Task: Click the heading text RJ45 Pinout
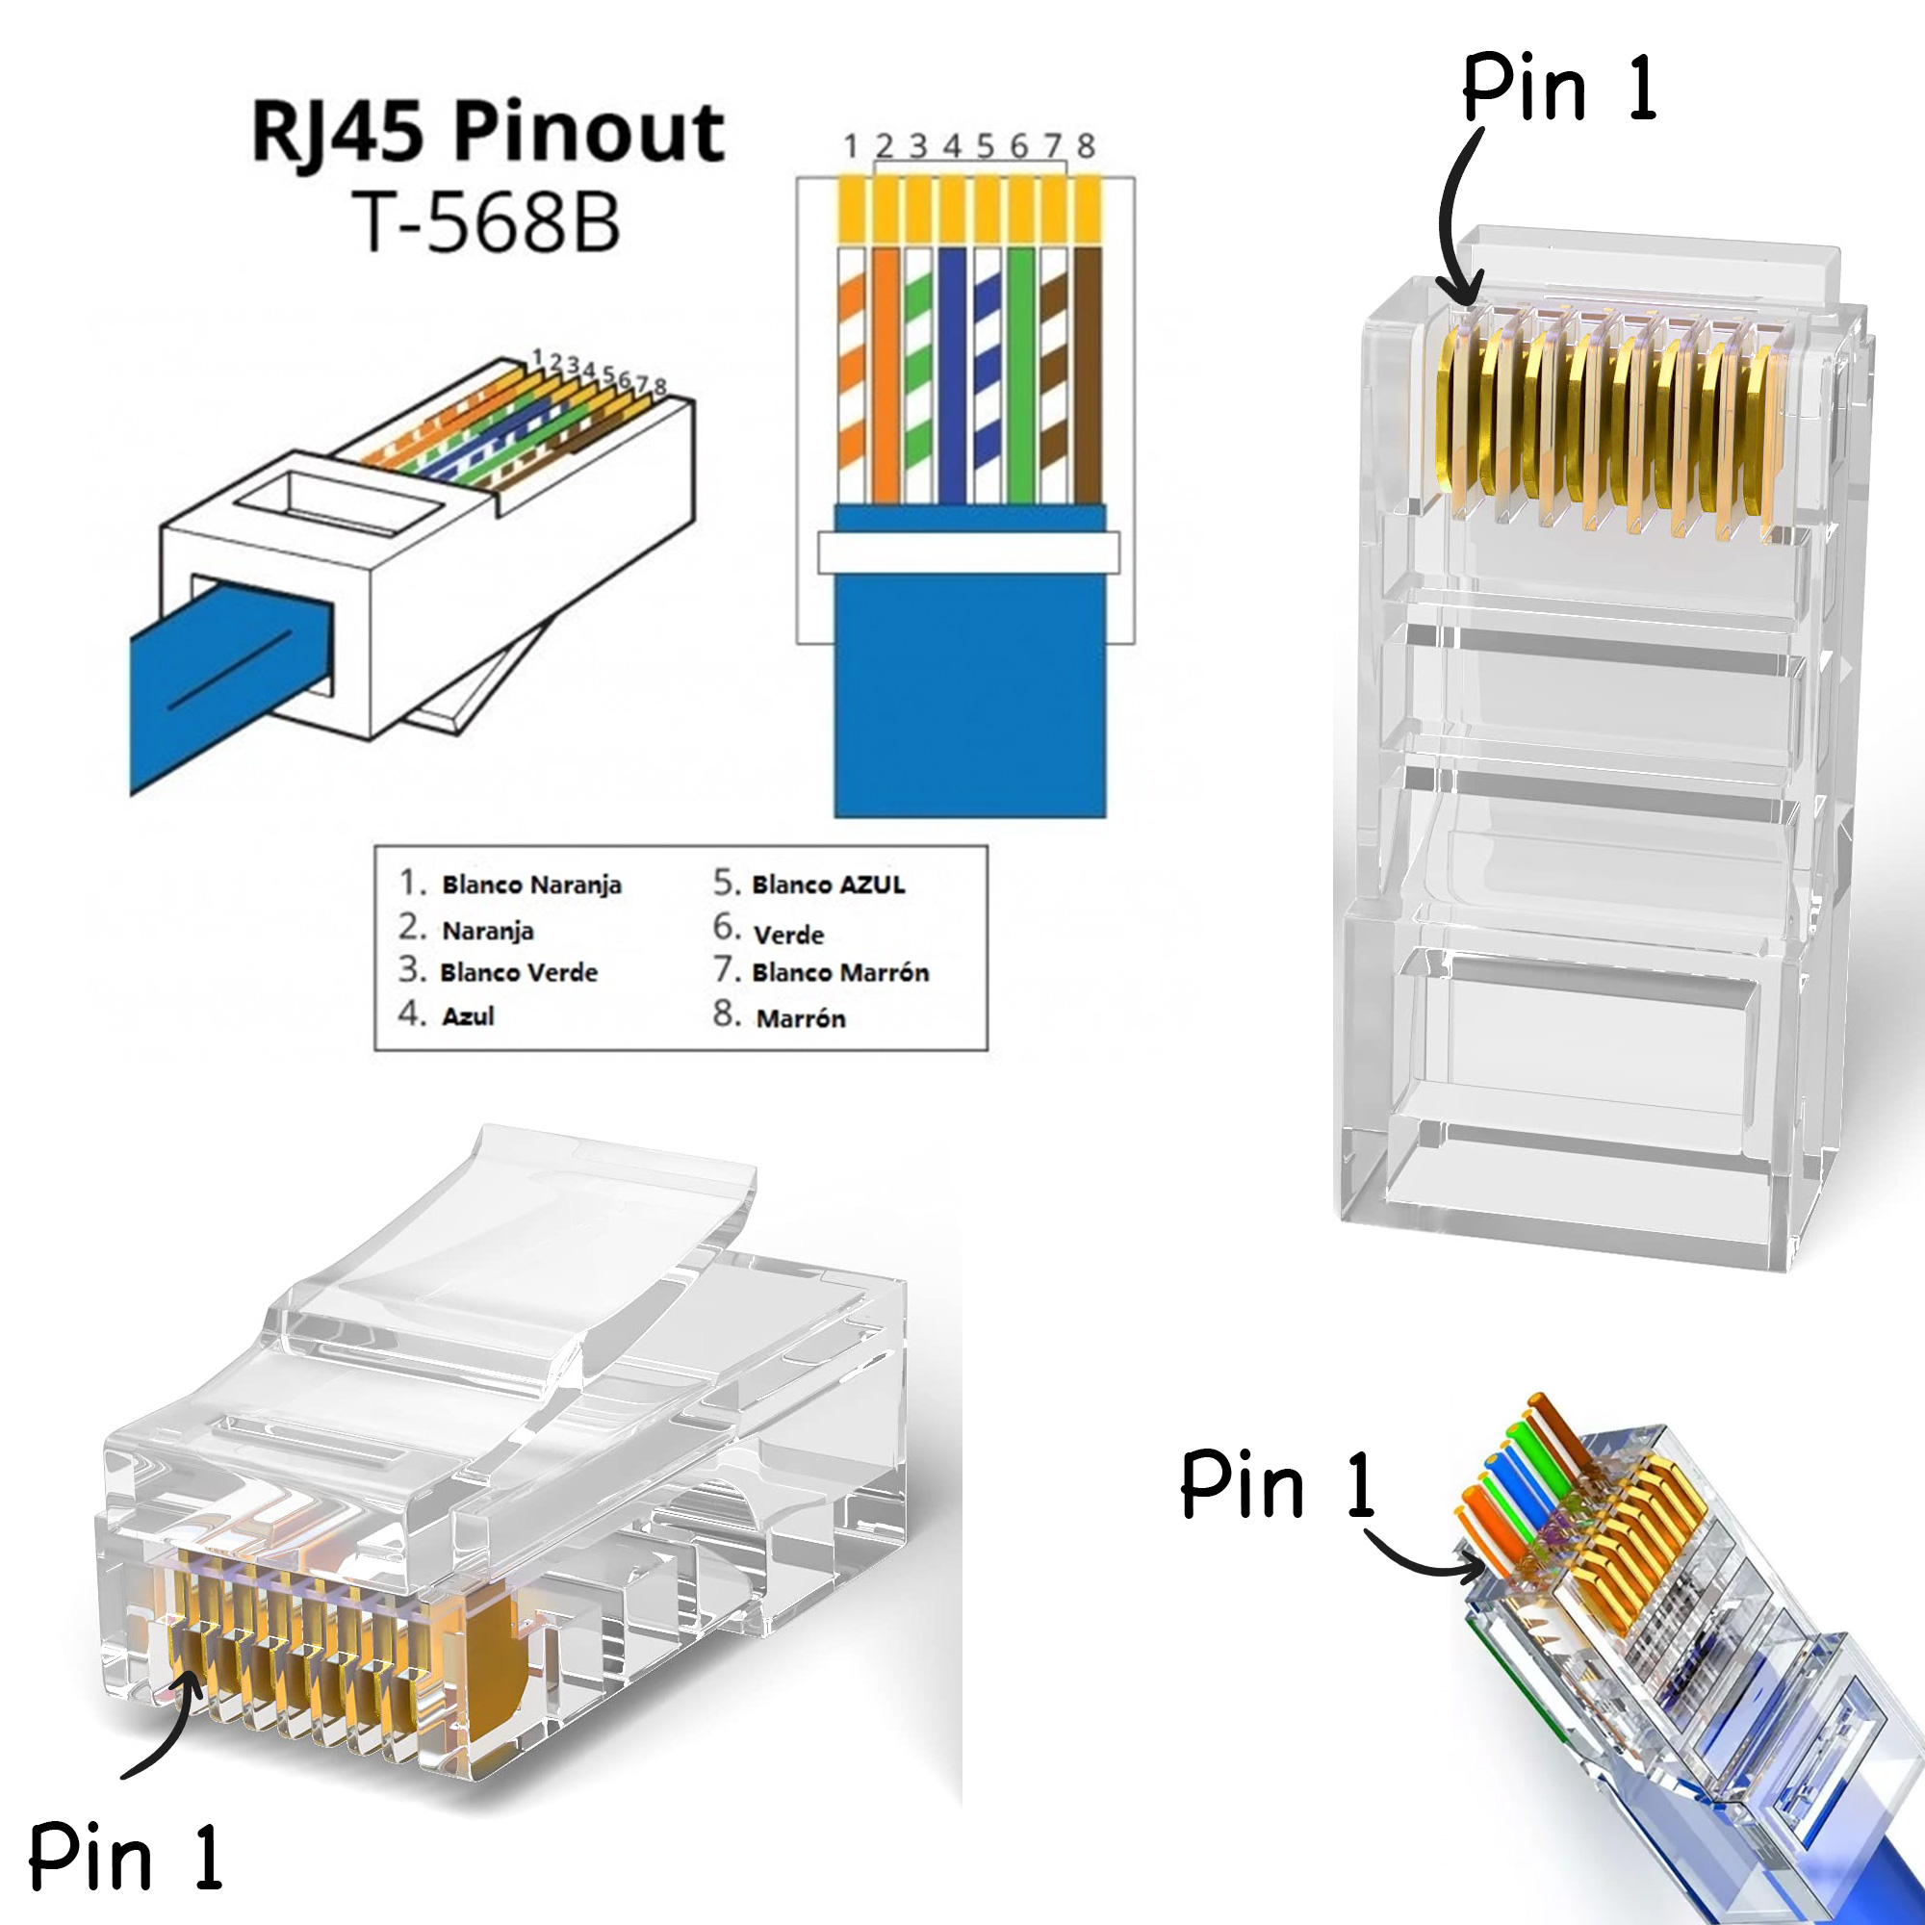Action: pyautogui.click(x=487, y=133)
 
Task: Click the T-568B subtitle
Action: pyautogui.click(x=486, y=221)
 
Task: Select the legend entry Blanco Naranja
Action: pyautogui.click(x=531, y=885)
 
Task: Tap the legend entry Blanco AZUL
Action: pyautogui.click(x=828, y=885)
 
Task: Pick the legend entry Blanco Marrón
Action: pyautogui.click(x=840, y=972)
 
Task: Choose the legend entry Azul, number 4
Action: pyautogui.click(x=468, y=1016)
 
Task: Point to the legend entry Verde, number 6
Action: pyautogui.click(x=788, y=935)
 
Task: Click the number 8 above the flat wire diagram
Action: pyautogui.click(x=1086, y=146)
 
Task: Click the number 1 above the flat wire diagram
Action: pyautogui.click(x=850, y=146)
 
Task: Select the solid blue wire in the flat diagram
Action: pyautogui.click(x=953, y=373)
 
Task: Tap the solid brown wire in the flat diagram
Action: pyautogui.click(x=1087, y=373)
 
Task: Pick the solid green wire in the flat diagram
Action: pyautogui.click(x=1020, y=373)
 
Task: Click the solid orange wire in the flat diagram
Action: pyautogui.click(x=885, y=373)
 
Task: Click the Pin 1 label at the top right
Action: pyautogui.click(x=1559, y=90)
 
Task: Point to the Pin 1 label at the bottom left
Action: pyautogui.click(x=124, y=1856)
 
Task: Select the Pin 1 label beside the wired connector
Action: pyautogui.click(x=1277, y=1484)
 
